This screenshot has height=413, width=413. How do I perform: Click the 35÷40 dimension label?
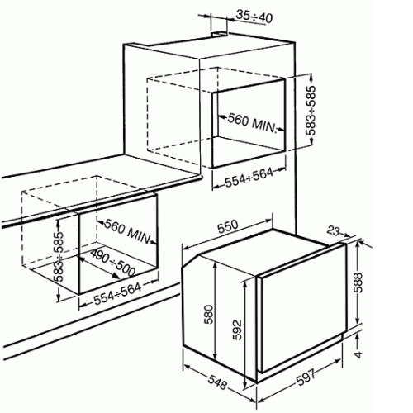[x=254, y=17]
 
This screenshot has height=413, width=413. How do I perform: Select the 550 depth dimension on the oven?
[x=227, y=226]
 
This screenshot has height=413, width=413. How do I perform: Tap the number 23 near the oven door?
[x=334, y=231]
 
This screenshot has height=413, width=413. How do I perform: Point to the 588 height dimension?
[x=358, y=282]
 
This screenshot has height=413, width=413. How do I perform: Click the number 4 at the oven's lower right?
[x=358, y=354]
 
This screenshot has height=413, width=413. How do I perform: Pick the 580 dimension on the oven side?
[x=209, y=314]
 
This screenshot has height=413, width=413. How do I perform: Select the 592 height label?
[x=236, y=330]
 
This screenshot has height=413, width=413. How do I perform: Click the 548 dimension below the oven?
[x=217, y=382]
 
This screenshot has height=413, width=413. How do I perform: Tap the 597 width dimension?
[x=306, y=377]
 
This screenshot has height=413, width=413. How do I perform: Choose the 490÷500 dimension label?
[x=112, y=263]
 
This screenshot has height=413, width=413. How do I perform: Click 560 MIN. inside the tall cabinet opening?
[x=252, y=124]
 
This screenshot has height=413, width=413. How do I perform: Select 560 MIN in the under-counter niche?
[x=127, y=231]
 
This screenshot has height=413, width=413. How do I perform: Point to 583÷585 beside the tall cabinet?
[x=311, y=111]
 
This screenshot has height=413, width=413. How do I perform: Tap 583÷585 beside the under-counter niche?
[x=59, y=257]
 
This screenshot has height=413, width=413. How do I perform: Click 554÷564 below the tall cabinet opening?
[x=249, y=177]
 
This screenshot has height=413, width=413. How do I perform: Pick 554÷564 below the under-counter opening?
[x=117, y=294]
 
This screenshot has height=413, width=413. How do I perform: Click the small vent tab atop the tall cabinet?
[x=220, y=34]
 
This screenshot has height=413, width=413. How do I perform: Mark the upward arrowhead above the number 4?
[x=358, y=336]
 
